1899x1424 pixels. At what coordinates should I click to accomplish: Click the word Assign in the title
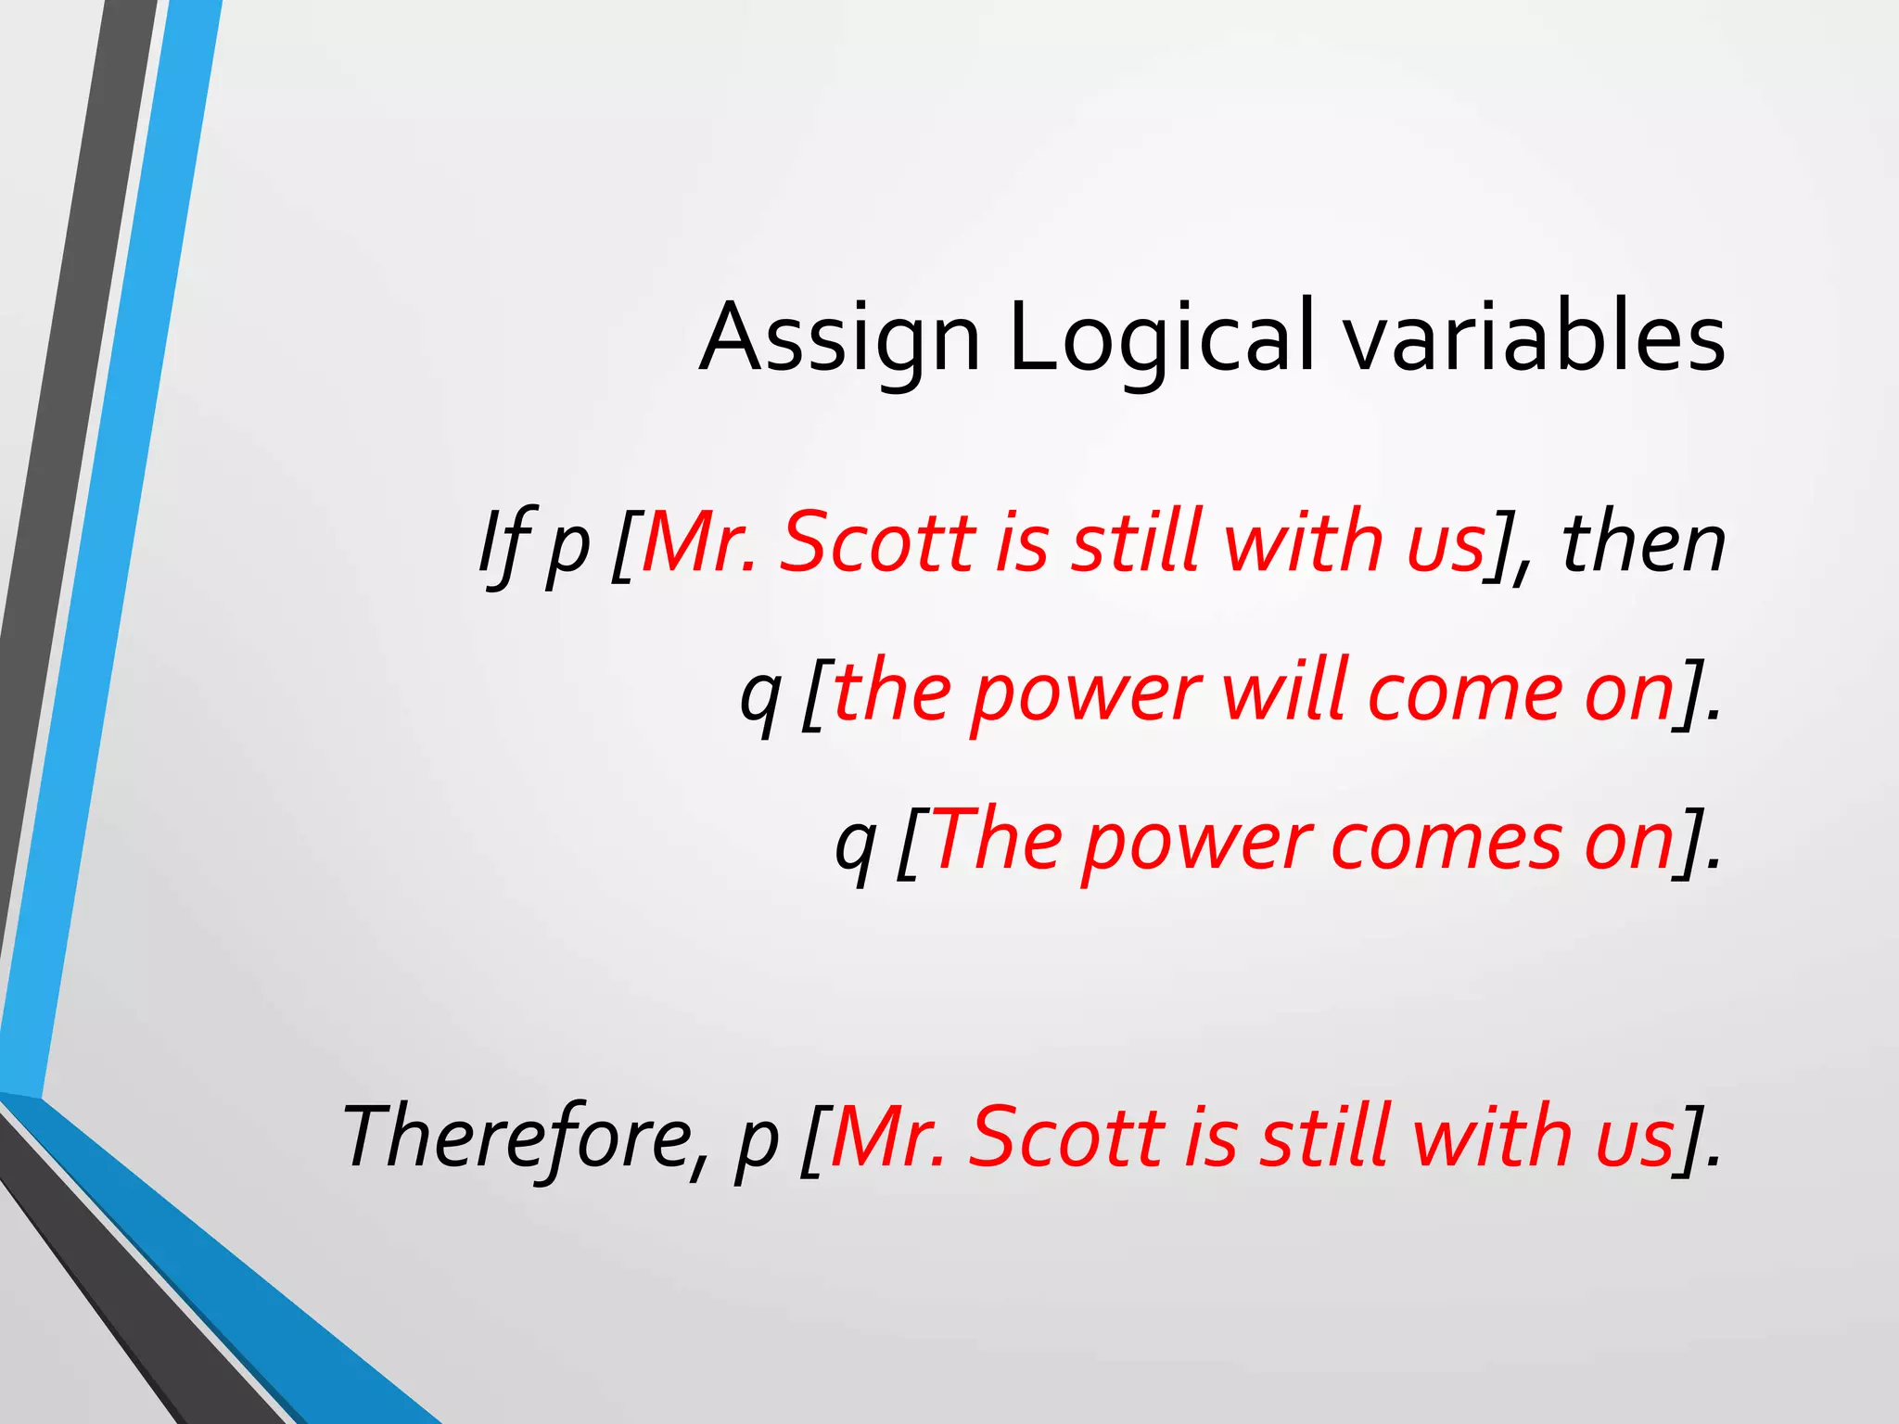coord(839,338)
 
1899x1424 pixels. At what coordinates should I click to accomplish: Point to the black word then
coord(1642,543)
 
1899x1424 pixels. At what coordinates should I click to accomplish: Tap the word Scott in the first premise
coord(877,541)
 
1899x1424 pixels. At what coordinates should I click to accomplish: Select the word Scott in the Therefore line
coord(1066,1137)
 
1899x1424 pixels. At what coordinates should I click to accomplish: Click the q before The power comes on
coord(854,847)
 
